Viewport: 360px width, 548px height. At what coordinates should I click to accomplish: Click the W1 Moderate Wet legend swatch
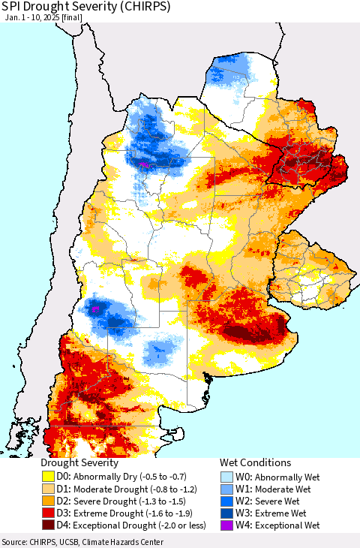229,489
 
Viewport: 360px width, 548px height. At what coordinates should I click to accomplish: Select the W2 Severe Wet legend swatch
229,501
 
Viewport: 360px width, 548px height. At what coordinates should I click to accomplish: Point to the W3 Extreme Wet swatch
229,513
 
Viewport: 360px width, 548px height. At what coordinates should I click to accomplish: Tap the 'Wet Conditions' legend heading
255,463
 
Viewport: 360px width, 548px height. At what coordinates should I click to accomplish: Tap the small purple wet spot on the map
142,163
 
